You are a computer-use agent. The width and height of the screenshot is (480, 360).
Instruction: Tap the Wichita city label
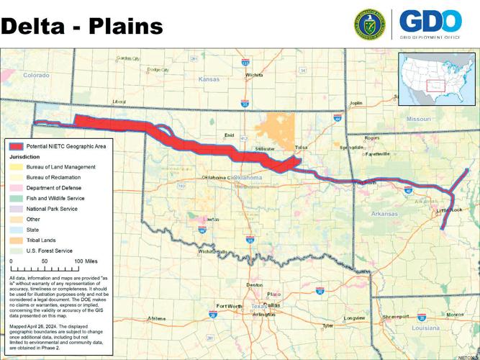254,74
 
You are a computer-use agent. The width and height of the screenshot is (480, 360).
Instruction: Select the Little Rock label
450,210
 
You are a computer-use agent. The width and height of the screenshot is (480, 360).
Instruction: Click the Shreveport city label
395,316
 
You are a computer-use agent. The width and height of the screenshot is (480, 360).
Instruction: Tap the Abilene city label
156,318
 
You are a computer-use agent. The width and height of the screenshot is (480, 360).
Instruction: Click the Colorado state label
36,75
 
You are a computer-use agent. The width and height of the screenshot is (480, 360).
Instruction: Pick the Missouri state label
417,118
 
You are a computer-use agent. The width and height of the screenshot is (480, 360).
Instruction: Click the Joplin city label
356,103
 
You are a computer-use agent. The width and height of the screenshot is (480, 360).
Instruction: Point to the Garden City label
129,58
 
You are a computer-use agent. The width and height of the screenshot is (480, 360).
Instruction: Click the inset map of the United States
437,78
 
